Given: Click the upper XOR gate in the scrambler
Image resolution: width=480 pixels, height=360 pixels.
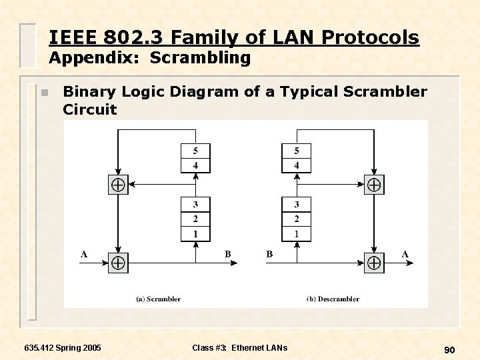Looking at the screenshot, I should coord(118,185).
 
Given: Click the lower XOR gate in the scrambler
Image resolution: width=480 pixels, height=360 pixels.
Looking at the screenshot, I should coord(118,263).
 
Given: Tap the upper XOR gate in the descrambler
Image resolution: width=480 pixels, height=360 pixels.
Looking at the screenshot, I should coord(374,185).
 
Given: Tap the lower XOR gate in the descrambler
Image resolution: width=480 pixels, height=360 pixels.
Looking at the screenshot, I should coord(374,263).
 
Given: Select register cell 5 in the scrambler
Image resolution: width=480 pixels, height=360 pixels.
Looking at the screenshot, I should coord(195,151).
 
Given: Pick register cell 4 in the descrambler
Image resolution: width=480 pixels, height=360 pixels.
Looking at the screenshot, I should coord(297,165).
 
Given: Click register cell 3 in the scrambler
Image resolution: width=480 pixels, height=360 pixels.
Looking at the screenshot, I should coord(195,204).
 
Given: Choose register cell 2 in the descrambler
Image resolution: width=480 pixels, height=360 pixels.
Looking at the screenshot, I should coord(297,219).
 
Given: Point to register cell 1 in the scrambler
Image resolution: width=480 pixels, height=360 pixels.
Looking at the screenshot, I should coord(195,233).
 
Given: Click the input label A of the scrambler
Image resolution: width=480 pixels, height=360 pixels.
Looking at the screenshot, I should coord(84,254).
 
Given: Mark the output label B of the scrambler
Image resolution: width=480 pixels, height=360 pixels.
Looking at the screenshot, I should coord(228,254).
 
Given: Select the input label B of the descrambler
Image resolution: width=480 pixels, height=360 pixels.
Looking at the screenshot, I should coord(269,254).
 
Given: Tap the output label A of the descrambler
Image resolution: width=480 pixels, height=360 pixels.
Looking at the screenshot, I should coord(405,254).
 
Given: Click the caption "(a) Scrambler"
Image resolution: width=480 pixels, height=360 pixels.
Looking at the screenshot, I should coord(158,299).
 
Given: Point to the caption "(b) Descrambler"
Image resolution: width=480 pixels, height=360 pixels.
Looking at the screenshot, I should coord(333,299).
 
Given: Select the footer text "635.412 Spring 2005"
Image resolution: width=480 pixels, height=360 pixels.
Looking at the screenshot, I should coord(63,348).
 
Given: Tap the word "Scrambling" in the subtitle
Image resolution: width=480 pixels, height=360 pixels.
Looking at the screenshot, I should coord(200,58).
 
